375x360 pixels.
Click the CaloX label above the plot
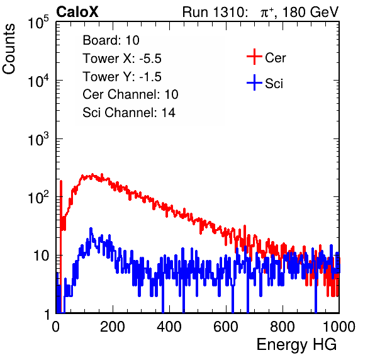tap(77, 12)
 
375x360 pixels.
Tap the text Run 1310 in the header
tap(213, 12)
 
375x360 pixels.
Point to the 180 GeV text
tap(310, 12)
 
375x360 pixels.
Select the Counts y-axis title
tap(9, 49)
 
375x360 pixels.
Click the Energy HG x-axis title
tap(296, 345)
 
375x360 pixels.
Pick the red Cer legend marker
tap(254, 57)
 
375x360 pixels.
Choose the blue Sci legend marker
tap(254, 83)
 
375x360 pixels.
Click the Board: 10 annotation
tap(111, 40)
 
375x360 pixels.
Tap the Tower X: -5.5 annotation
tap(122, 59)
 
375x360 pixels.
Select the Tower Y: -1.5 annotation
tap(122, 77)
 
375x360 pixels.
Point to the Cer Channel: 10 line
tap(131, 94)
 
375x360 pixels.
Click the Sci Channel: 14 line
tap(129, 113)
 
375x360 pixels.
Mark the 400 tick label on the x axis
tap(169, 327)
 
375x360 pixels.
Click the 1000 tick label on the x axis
tap(339, 327)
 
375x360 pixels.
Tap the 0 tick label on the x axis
tap(55, 327)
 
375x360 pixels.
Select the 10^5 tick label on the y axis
tap(38, 23)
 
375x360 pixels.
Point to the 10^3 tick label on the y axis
tap(38, 140)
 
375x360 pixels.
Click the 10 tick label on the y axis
tap(41, 256)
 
